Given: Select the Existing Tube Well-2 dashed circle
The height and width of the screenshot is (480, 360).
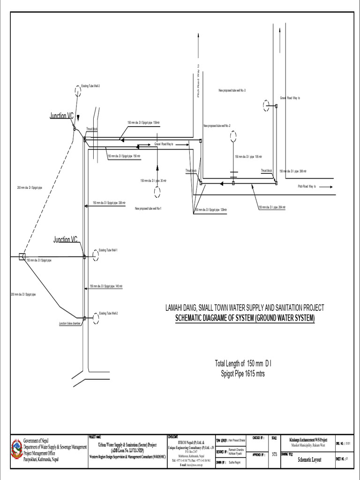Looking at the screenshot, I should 96,318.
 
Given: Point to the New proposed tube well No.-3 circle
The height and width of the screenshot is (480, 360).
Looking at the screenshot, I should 267,106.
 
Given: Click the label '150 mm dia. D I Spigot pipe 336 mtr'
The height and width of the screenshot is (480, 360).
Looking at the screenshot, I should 109,203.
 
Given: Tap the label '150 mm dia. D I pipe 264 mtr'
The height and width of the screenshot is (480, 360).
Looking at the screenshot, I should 272,207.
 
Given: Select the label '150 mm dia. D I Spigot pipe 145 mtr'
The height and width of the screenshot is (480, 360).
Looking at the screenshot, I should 106,286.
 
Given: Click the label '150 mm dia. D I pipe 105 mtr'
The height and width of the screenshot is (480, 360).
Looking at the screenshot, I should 248,157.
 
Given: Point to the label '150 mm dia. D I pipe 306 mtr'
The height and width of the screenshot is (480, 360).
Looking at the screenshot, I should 292,172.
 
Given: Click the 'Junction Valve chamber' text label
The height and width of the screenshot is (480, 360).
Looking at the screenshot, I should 70,323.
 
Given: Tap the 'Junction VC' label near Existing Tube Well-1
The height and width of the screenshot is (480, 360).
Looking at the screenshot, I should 65,240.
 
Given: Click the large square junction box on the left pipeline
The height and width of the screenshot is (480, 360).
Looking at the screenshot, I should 22,256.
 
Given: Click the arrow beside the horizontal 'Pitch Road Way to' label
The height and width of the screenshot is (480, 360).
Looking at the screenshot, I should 323,187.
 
